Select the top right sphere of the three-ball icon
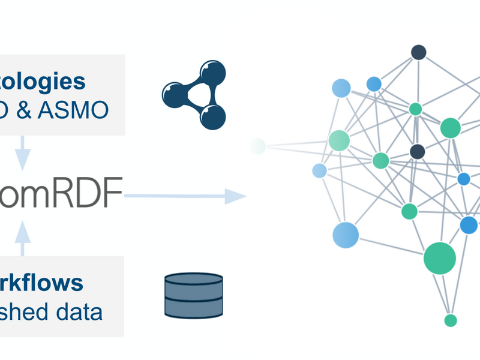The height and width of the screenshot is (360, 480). click(x=214, y=73)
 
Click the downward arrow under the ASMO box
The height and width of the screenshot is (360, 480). click(x=22, y=152)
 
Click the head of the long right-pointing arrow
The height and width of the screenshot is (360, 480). click(x=236, y=195)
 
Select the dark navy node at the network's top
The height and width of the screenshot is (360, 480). click(x=418, y=52)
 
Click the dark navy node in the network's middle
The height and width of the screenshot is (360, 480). click(x=418, y=151)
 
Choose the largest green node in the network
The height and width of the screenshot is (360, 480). click(x=440, y=258)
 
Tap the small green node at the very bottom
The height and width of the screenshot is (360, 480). click(x=451, y=320)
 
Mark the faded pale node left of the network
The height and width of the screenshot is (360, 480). click(x=258, y=146)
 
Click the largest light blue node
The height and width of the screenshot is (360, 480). click(x=346, y=235)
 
